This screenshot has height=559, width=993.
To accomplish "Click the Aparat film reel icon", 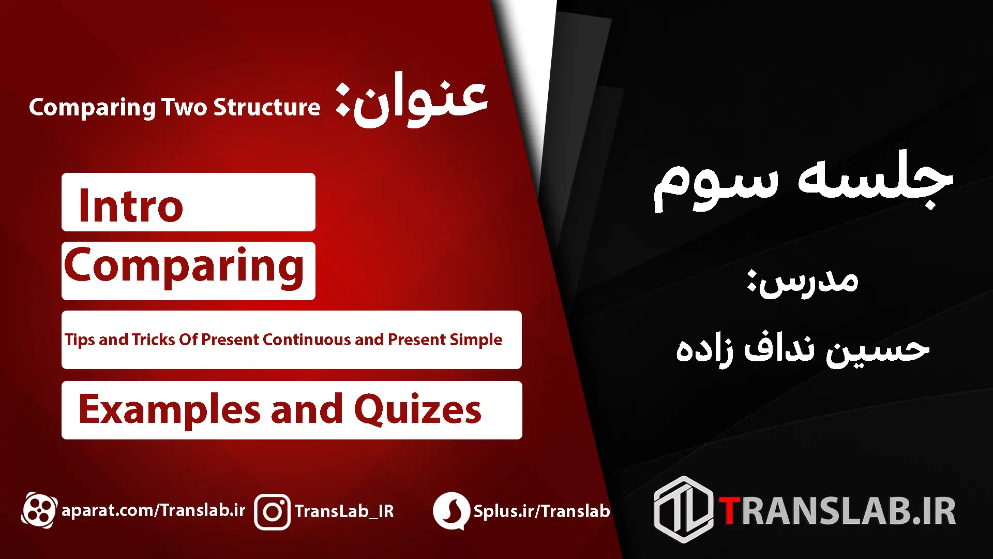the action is coord(39,510).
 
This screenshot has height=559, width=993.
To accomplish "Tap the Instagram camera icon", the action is coord(272,512).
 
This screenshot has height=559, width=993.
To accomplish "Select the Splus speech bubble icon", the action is coord(451,511).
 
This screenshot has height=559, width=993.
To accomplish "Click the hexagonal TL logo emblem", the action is coord(684,510).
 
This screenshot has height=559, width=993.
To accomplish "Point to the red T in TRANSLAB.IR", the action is coord(730,511).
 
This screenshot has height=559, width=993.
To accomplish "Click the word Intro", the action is coord(131,205).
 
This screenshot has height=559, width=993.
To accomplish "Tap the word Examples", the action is coord(169,409).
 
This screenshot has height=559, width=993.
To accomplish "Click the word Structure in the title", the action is coord(267,107).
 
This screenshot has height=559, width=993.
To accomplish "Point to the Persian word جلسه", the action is coord(875,179).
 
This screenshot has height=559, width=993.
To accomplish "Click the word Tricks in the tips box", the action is coord(154,340).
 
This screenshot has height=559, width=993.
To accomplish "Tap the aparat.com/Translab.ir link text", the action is coord(154,510).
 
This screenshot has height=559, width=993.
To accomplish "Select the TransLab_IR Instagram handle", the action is coord(344,511).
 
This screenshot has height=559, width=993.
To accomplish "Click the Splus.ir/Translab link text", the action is coord(541,511).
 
